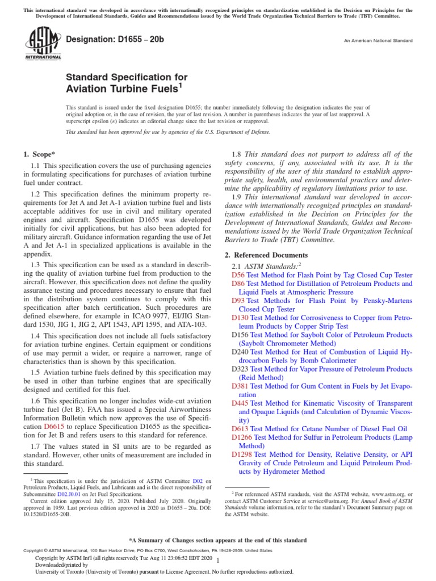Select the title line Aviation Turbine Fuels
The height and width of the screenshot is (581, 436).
pyautogui.click(x=124, y=88)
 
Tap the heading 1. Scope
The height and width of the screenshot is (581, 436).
pyautogui.click(x=39, y=154)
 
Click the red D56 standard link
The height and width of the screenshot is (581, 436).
pyautogui.click(x=238, y=274)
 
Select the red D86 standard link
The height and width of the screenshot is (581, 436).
pyautogui.click(x=238, y=283)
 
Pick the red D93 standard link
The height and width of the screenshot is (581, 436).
pyautogui.click(x=238, y=301)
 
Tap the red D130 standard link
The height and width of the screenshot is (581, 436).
pyautogui.click(x=240, y=318)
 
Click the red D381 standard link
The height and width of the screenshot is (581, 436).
pyautogui.click(x=240, y=386)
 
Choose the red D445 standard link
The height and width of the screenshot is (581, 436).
pyautogui.click(x=240, y=403)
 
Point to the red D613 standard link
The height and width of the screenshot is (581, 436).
pyautogui.click(x=240, y=428)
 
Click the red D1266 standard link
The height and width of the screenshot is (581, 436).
pyautogui.click(x=242, y=437)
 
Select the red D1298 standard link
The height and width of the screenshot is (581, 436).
pyautogui.click(x=242, y=454)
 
